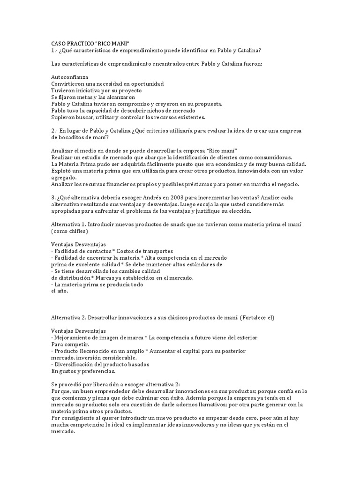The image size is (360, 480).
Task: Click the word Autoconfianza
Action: click(x=69, y=76)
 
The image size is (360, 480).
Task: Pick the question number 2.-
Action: click(x=54, y=131)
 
